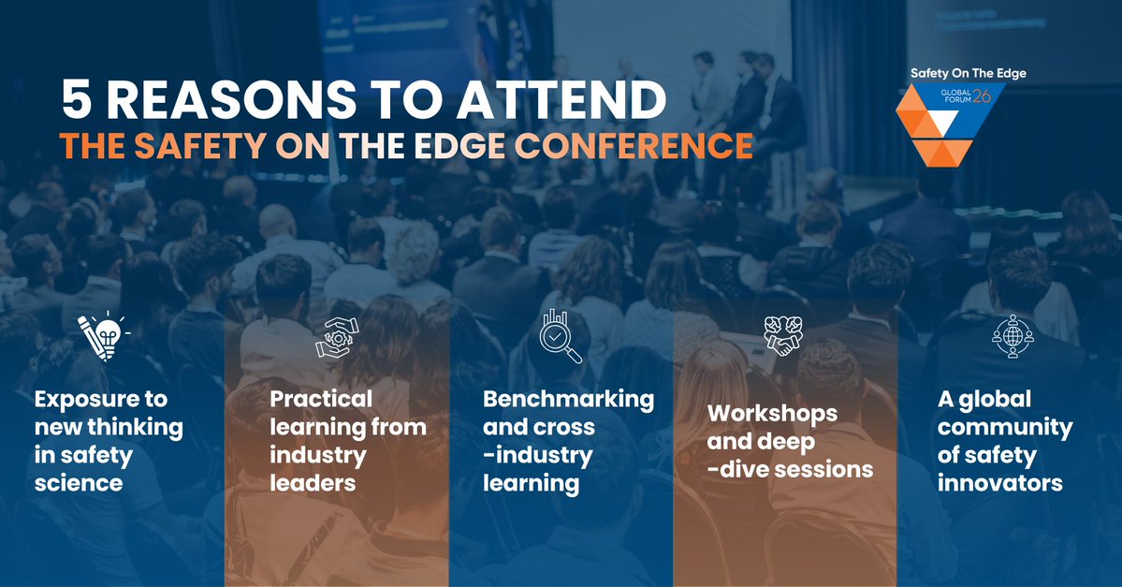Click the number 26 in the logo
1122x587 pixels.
(981, 95)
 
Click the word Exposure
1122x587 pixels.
(100, 399)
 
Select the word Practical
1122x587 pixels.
(321, 399)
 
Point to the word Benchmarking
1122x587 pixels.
(568, 399)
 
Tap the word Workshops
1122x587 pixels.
(772, 413)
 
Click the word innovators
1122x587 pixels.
(999, 483)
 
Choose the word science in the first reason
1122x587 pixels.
(79, 483)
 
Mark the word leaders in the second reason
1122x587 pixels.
(313, 483)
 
